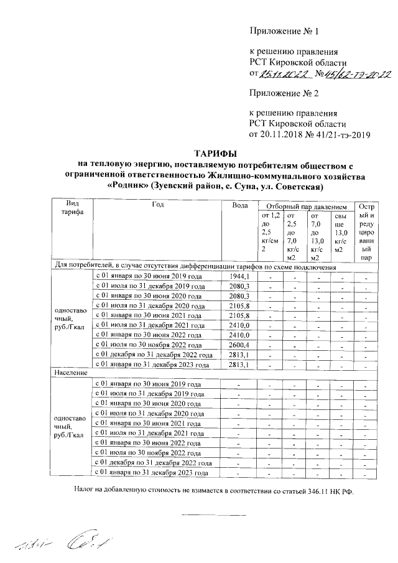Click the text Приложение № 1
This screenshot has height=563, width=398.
click(x=284, y=30)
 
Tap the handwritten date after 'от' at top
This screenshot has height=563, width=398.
click(x=283, y=75)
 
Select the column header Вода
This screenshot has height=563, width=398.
click(x=239, y=205)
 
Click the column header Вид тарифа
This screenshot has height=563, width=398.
click(x=68, y=208)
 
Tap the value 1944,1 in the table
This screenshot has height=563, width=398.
click(x=239, y=276)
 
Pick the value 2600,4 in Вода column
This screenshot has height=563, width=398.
click(x=239, y=345)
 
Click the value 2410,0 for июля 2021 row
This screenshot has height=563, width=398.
click(x=239, y=325)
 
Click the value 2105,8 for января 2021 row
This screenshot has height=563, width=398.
click(x=239, y=315)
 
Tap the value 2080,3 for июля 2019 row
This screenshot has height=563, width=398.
click(x=239, y=286)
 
